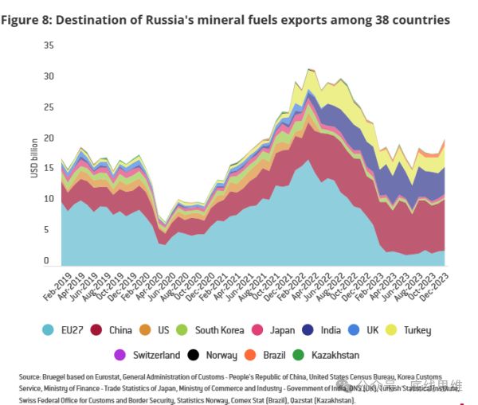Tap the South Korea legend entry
tap(211, 330)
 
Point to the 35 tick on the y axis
tap(49, 46)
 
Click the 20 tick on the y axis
tap(49, 138)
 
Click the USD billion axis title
tap(35, 155)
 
